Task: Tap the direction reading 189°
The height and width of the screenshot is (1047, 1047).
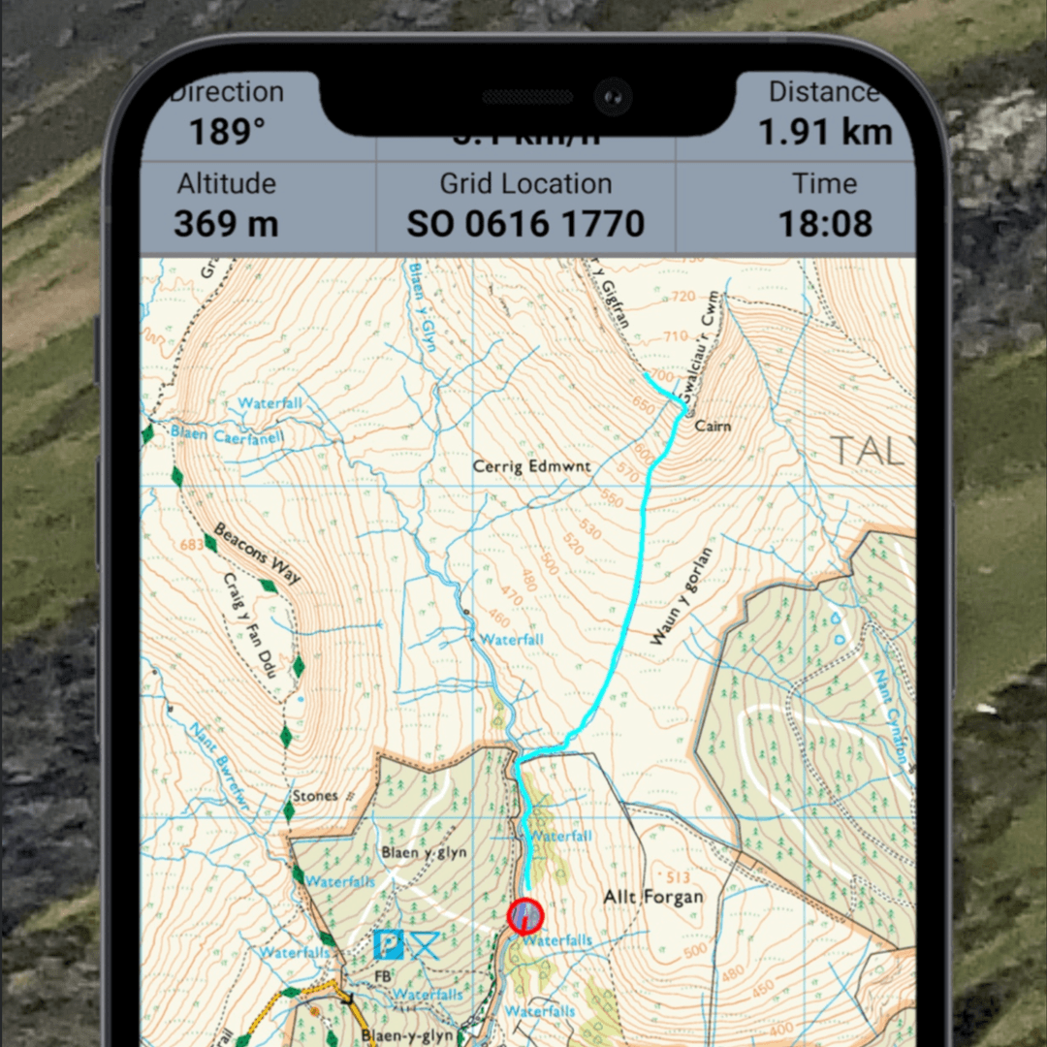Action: tap(227, 132)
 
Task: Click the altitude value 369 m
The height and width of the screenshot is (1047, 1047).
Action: tap(226, 224)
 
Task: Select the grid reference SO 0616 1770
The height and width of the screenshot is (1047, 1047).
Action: tap(525, 224)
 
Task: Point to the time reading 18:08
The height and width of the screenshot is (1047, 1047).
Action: tap(825, 224)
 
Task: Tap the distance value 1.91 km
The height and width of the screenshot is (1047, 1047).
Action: tap(824, 132)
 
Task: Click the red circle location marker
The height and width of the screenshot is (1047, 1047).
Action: tap(525, 915)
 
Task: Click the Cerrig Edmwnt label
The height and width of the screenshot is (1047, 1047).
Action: tap(531, 466)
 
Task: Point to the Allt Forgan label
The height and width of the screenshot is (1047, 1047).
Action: tap(653, 897)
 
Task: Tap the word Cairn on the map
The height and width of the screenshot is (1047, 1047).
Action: tap(713, 426)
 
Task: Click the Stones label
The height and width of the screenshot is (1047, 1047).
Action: tap(315, 796)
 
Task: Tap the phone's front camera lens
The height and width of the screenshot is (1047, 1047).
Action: tap(613, 96)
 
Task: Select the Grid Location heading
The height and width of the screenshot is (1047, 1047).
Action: tap(525, 183)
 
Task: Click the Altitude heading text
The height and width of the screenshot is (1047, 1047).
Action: tap(226, 183)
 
